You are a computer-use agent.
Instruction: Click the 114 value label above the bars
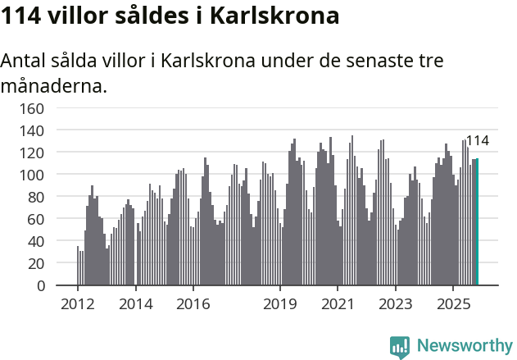477,141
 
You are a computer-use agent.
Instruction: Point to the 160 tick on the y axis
31,108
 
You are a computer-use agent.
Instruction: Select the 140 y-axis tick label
31,130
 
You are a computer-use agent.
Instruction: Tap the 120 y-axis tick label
31,153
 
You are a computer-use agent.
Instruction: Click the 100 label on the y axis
31,175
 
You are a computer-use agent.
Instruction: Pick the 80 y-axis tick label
35,197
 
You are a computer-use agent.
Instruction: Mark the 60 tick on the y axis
35,219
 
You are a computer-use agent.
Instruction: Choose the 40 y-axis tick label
35,241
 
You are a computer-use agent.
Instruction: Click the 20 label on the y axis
35,263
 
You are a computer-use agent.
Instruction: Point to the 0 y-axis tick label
39,285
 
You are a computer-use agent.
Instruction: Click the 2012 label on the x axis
78,304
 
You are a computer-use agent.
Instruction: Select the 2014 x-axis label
135,304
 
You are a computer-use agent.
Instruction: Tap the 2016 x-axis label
193,304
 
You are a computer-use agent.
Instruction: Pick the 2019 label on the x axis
280,304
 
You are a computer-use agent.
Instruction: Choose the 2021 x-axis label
338,304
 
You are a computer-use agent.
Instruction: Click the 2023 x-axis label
395,304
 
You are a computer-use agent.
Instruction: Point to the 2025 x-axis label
452,304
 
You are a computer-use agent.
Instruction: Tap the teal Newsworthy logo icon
400,346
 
